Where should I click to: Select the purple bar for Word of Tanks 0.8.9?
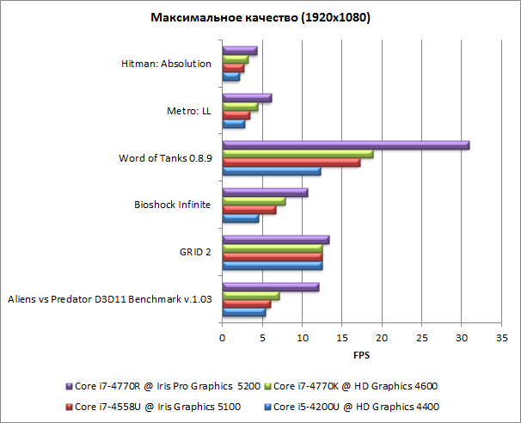[x=345, y=145]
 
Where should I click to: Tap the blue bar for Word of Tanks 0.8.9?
[x=271, y=171]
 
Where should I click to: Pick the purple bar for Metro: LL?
[x=247, y=98]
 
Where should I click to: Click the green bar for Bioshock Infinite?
[x=254, y=201]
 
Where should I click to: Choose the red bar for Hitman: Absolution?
[x=233, y=68]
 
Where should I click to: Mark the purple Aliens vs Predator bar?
[x=270, y=286]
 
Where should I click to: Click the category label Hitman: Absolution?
[x=167, y=63]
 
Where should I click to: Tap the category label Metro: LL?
[x=189, y=110]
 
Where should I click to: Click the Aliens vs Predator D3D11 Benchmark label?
[x=109, y=299]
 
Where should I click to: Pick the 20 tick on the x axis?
[x=382, y=338]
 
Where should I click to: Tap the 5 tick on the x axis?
[x=262, y=338]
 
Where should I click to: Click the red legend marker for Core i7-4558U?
[x=70, y=405]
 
